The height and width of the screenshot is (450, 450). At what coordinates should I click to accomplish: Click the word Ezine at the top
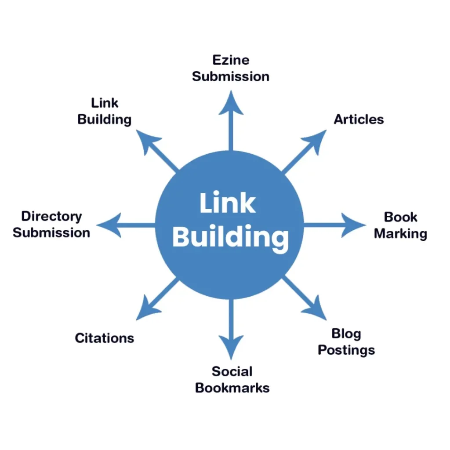coord(231,60)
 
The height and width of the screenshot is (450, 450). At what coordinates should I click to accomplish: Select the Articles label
coord(359,119)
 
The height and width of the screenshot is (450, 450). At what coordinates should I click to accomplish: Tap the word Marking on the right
coord(400,234)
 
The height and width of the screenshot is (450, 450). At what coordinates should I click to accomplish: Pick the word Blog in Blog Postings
coord(346,334)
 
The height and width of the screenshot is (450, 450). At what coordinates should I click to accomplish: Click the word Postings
coord(346,350)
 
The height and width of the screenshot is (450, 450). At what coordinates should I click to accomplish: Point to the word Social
coord(232,371)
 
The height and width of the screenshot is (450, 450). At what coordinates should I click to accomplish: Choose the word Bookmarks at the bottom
coord(232,388)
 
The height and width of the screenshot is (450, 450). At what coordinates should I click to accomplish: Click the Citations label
coord(104,338)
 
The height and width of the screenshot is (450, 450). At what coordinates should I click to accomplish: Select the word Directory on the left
coord(51,216)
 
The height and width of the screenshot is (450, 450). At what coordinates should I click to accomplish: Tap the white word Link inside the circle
coord(227,203)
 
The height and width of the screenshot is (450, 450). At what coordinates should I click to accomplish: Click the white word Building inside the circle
coord(230,237)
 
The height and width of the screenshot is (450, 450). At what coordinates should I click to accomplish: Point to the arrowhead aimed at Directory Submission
coord(108,225)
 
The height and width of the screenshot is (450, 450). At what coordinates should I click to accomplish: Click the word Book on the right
coord(400,217)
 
